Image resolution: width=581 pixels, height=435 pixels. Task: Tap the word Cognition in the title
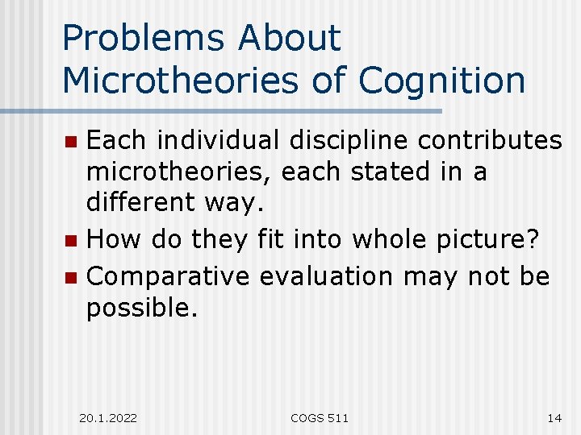442,81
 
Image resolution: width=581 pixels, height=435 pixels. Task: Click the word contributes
490,140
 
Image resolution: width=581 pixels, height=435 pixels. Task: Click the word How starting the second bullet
111,239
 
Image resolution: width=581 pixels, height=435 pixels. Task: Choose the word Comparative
169,276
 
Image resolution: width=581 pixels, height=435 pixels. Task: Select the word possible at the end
141,308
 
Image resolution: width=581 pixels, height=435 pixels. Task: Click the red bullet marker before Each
71,142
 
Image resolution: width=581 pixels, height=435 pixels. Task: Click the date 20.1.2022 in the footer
108,417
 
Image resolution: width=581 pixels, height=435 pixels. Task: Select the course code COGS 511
320,417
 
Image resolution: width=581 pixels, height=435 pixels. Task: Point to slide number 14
554,417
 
